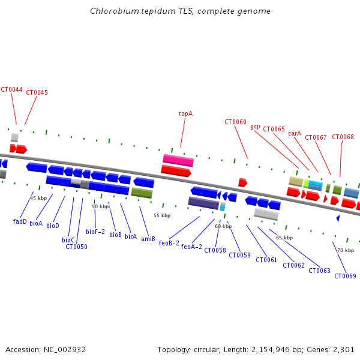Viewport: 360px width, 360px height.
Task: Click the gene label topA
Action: [185, 113]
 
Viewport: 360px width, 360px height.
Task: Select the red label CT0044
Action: [11, 89]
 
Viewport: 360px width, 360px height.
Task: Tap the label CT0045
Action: [37, 92]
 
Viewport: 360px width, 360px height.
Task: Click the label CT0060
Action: [235, 122]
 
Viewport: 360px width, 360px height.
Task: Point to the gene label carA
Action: [295, 133]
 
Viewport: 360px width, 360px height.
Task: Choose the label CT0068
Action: [343, 137]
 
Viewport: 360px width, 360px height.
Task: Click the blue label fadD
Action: [20, 221]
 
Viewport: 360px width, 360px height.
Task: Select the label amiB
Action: [148, 239]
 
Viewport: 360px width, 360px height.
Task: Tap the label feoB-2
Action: [169, 243]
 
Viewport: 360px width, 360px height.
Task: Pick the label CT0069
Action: [346, 276]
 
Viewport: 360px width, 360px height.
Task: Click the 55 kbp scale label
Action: [162, 215]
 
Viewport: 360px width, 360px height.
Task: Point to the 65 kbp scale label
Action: [284, 238]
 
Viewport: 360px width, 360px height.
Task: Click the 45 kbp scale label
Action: [38, 198]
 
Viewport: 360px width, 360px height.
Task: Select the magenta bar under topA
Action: [178, 160]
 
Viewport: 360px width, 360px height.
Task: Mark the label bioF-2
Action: [95, 232]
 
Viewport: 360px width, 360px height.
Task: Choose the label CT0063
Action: [319, 271]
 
